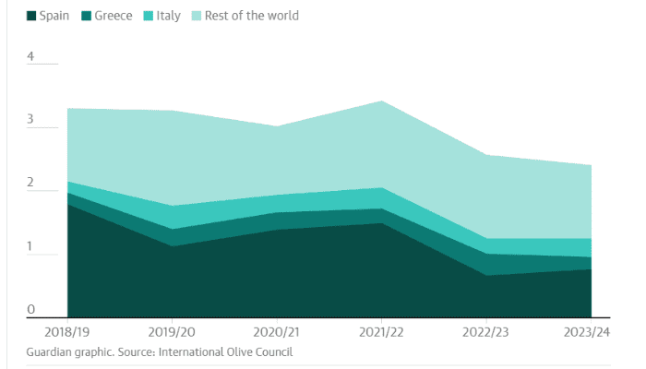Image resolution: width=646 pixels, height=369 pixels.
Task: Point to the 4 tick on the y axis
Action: [30, 56]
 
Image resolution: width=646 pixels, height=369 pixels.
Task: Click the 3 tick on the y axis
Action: [30, 120]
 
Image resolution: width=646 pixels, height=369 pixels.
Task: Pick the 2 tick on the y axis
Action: [30, 184]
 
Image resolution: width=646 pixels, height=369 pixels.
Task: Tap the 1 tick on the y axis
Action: [30, 247]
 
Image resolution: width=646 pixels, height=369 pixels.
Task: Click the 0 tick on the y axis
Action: [30, 310]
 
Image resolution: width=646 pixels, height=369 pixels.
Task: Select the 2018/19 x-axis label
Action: [54, 331]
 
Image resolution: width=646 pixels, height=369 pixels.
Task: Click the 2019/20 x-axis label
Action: [172, 331]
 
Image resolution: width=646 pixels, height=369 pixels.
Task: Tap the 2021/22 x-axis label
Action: [384, 331]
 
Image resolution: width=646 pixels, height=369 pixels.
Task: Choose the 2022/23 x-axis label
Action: [487, 331]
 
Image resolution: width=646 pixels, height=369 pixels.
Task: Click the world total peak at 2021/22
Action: [382, 101]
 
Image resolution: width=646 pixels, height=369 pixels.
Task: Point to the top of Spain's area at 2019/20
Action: [172, 246]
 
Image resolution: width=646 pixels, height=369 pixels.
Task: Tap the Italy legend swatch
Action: [152, 16]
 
